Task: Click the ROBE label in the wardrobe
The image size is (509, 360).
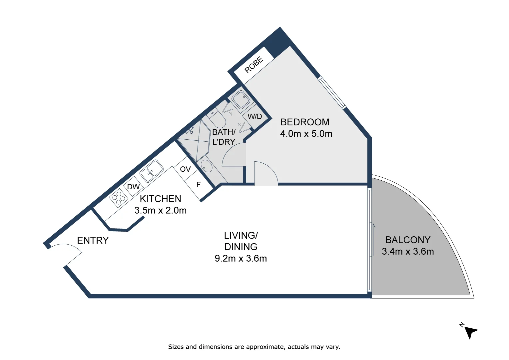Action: (x=254, y=65)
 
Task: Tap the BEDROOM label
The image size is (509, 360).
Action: (x=305, y=122)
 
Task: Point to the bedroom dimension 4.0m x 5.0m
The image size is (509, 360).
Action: (x=306, y=134)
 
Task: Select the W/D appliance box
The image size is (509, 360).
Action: (x=255, y=116)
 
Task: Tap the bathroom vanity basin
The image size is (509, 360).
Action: (x=207, y=166)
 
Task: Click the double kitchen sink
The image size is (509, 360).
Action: (x=151, y=171)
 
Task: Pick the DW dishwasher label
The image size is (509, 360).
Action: (x=133, y=187)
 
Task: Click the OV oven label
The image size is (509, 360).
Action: (x=186, y=169)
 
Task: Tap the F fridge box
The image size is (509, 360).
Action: (x=199, y=185)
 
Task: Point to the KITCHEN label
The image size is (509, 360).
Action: (x=161, y=199)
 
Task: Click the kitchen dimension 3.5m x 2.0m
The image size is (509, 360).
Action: (x=161, y=210)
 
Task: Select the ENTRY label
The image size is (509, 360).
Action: (x=93, y=240)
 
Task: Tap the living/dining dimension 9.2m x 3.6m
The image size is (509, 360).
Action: (x=241, y=258)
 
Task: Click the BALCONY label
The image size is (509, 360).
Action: (x=408, y=240)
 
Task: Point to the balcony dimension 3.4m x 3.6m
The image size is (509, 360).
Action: (x=408, y=252)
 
